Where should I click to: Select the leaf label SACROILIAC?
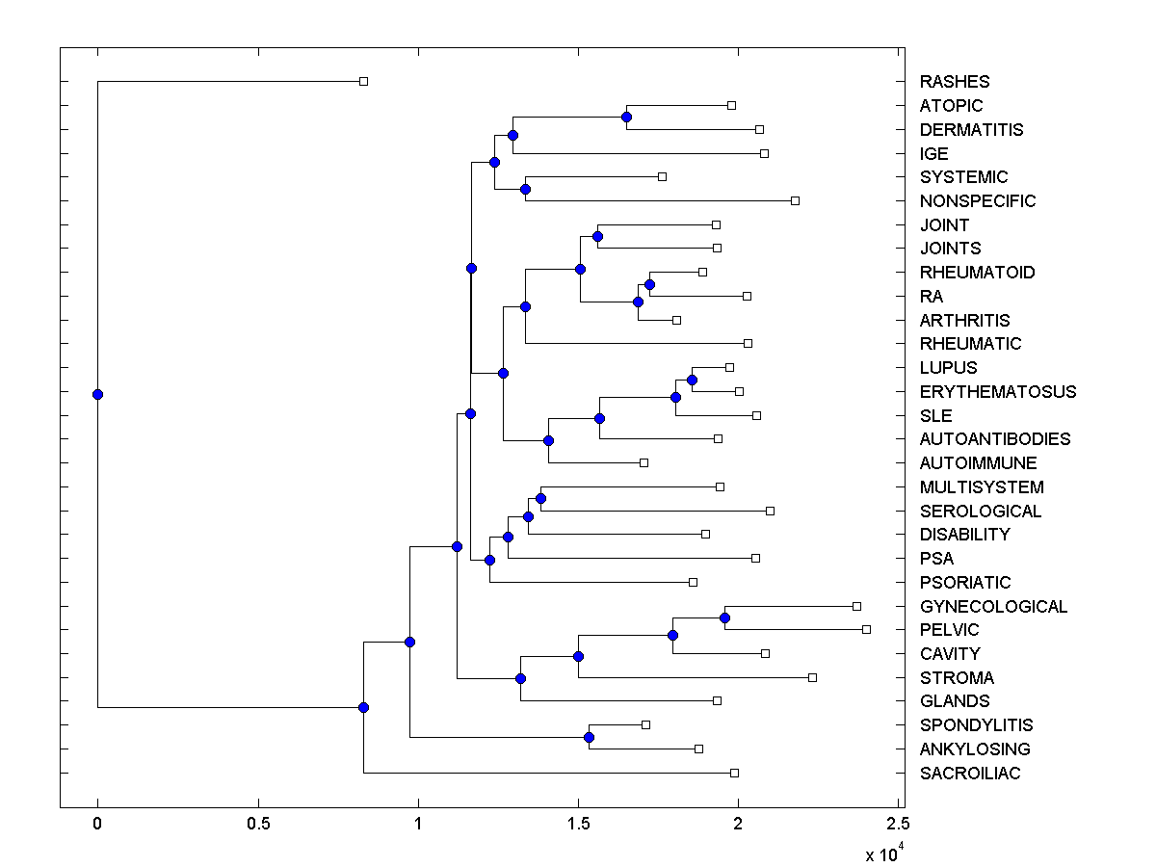pyautogui.click(x=970, y=774)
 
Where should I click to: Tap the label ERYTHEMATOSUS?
pyautogui.click(x=998, y=392)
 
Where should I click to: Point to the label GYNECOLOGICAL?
pyautogui.click(x=993, y=607)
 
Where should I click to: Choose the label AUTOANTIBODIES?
pyautogui.click(x=995, y=439)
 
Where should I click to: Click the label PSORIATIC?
pyautogui.click(x=965, y=583)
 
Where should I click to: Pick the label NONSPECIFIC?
pyautogui.click(x=978, y=201)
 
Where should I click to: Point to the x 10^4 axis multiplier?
pyautogui.click(x=881, y=854)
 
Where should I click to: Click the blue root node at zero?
pyautogui.click(x=97, y=394)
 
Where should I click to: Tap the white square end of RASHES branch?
pyautogui.click(x=363, y=81)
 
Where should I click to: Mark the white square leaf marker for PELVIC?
pyautogui.click(x=866, y=629)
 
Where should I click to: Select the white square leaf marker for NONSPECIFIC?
pyautogui.click(x=795, y=200)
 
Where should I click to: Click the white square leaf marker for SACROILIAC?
pyautogui.click(x=734, y=773)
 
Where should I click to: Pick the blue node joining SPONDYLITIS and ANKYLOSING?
pyautogui.click(x=589, y=737)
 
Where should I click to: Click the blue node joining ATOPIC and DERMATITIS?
pyautogui.click(x=626, y=117)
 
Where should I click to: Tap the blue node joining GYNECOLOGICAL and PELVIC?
pyautogui.click(x=724, y=617)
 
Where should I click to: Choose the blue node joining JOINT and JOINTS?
pyautogui.click(x=597, y=236)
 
